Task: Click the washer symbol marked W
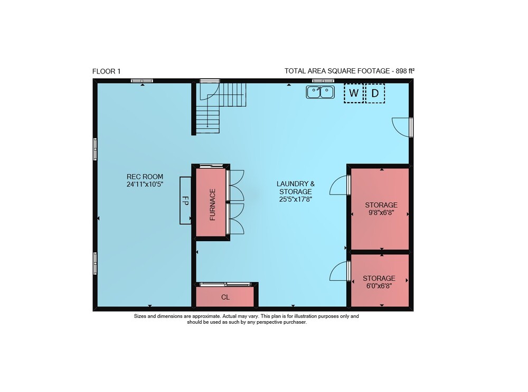[x=354, y=93]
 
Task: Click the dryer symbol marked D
[x=375, y=93]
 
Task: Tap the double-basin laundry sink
[x=320, y=92]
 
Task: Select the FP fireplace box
[x=185, y=200]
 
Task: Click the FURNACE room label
[x=212, y=204]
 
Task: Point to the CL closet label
[x=225, y=297]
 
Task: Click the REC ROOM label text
[x=145, y=177]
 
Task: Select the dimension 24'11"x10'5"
[x=145, y=184]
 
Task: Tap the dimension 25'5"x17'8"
[x=296, y=199]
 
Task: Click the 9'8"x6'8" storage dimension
[x=381, y=213]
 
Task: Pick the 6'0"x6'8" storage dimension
[x=379, y=286]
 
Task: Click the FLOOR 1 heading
[x=107, y=71]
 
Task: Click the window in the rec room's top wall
[x=142, y=80]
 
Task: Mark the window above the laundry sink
[x=323, y=80]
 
